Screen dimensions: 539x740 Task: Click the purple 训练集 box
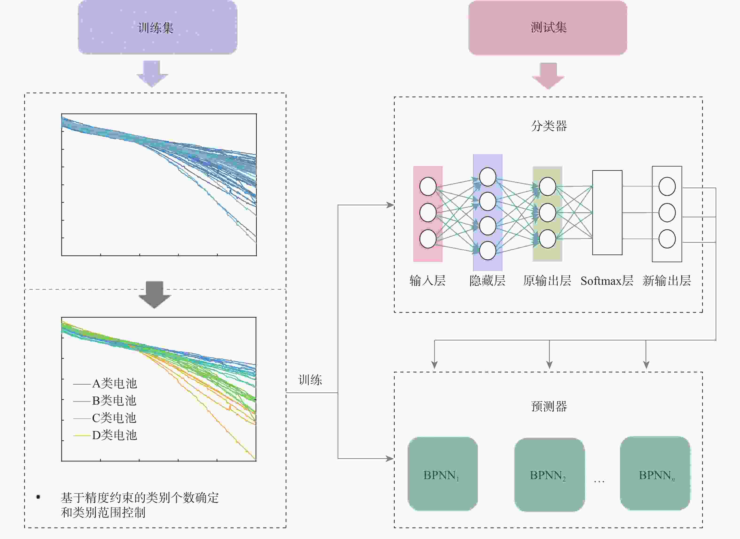click(157, 27)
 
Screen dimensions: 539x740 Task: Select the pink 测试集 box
click(548, 27)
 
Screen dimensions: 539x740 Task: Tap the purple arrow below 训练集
click(152, 73)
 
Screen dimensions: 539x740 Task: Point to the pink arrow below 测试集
click(548, 76)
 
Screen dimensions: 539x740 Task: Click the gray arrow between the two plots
click(155, 294)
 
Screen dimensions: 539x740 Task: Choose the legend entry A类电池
click(114, 383)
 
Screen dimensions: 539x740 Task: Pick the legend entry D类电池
click(114, 435)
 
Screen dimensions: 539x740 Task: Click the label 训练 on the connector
click(310, 380)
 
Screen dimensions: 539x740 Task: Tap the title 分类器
click(549, 126)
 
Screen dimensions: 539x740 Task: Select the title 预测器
click(549, 406)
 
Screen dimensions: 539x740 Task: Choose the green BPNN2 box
click(549, 475)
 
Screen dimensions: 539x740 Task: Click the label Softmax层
click(607, 281)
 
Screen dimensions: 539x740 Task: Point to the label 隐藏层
click(487, 281)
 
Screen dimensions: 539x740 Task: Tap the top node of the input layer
click(428, 186)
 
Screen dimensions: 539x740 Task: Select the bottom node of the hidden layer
click(487, 250)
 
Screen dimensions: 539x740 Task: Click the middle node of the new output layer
click(667, 213)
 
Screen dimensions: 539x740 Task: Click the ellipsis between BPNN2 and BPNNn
click(599, 481)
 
